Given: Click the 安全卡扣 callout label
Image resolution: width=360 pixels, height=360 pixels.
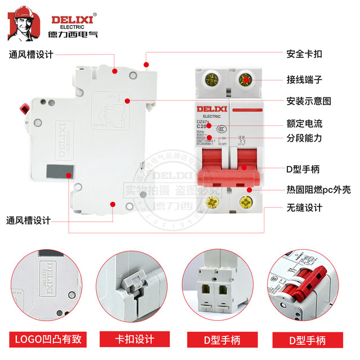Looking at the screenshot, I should (x=304, y=55).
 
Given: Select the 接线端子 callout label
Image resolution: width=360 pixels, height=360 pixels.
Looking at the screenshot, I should (x=304, y=79).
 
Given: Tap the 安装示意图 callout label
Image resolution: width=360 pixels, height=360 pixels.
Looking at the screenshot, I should (x=309, y=101).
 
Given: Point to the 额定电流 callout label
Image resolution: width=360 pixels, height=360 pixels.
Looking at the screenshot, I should (x=304, y=123).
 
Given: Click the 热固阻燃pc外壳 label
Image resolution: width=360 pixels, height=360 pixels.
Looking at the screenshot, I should (x=319, y=190).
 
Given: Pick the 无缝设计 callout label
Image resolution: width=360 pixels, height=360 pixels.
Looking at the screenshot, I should (x=304, y=208).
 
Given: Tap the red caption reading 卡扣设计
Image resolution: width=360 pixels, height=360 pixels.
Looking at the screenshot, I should (x=133, y=339).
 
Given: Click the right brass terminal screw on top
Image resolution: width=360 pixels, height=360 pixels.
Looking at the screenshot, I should (x=245, y=80).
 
